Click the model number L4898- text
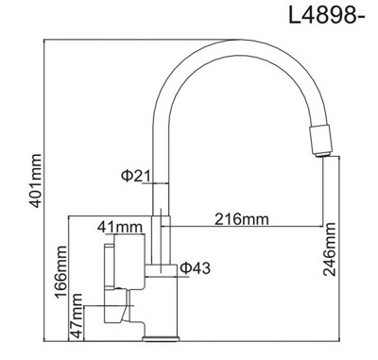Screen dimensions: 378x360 pyautogui.click(x=327, y=15)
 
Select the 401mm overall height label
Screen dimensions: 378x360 pyautogui.click(x=35, y=180)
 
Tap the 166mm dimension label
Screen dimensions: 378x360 pyautogui.click(x=60, y=272)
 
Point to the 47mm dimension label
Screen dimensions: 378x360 pyautogui.click(x=77, y=316)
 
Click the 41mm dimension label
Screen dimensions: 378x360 pyautogui.click(x=120, y=227)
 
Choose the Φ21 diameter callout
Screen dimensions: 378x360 pyautogui.click(x=136, y=176)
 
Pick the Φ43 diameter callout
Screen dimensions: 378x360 pyautogui.click(x=195, y=268)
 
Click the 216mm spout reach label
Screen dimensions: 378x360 pyautogui.click(x=242, y=219)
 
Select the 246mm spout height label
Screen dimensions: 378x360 pyautogui.click(x=330, y=249)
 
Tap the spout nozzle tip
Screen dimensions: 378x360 pyautogui.click(x=321, y=154)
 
